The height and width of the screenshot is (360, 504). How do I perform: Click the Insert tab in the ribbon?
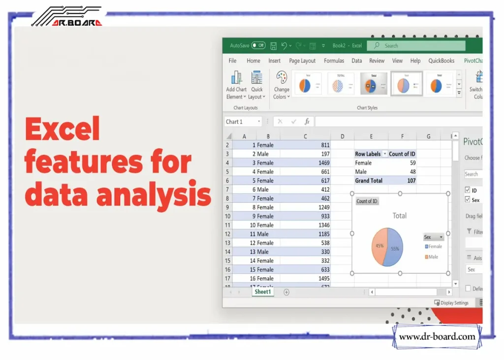pos(275,61)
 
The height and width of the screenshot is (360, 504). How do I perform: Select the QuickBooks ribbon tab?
pos(441,61)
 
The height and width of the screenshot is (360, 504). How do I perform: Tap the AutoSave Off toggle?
pos(258,45)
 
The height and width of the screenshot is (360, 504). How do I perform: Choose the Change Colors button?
pos(282,85)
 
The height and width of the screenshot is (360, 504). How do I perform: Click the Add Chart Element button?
pos(236,85)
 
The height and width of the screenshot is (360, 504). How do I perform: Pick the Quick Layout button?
pos(257,85)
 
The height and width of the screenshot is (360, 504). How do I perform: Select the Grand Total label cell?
pos(369,181)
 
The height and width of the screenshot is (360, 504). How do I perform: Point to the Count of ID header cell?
pos(402,154)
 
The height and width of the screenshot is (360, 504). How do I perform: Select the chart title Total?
pos(399,216)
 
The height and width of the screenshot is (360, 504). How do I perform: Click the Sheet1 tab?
pos(262,292)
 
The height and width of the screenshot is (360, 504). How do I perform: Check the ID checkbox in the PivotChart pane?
pos(467,190)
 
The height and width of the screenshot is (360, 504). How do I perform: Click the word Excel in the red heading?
pos(62,130)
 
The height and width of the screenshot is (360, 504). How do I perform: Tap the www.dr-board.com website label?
pos(437,337)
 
